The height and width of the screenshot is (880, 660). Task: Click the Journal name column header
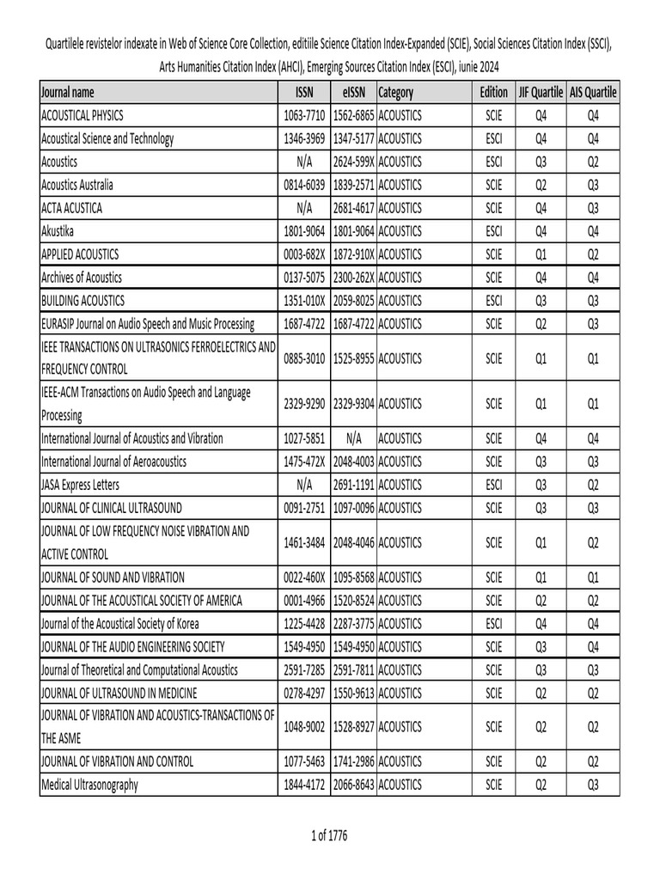(x=68, y=92)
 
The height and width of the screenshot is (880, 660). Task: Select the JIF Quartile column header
(x=541, y=92)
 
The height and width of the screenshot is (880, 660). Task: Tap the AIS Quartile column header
(x=593, y=92)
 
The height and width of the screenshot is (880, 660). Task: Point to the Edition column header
(x=493, y=92)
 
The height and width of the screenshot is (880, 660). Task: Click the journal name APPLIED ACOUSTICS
(x=80, y=254)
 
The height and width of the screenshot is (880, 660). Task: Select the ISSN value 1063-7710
(x=304, y=115)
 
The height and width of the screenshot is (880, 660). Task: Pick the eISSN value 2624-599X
(x=353, y=162)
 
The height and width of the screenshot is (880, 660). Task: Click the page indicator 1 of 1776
(x=330, y=834)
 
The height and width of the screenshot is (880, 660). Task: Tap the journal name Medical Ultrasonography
(x=89, y=784)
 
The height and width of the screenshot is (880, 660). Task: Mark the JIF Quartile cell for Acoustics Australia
(x=541, y=185)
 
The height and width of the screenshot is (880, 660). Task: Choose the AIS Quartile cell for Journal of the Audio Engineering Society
(x=593, y=645)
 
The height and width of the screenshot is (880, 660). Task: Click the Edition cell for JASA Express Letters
(x=493, y=485)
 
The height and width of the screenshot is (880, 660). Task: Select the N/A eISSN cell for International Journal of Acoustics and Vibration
(x=353, y=438)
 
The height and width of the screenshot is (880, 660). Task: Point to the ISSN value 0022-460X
(x=304, y=577)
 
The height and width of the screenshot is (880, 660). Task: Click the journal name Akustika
(x=58, y=231)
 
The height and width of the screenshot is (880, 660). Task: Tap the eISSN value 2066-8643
(x=353, y=784)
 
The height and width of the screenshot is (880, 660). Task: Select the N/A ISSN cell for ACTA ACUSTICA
(x=304, y=208)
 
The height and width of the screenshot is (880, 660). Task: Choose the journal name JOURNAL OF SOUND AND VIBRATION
(x=113, y=577)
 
